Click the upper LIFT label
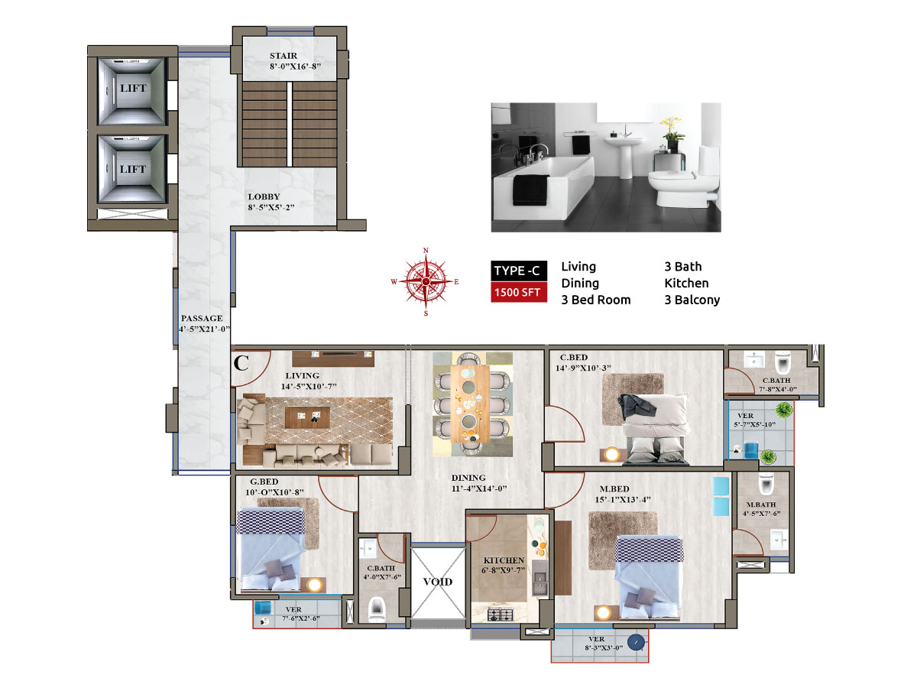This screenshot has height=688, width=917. pos(133,88)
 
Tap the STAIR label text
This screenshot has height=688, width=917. pos(284,56)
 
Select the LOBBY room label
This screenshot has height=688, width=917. pos(264,196)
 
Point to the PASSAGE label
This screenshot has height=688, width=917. pos(202,318)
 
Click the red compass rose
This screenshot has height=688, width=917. pos(426,281)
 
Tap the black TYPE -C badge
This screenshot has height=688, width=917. pos(518,271)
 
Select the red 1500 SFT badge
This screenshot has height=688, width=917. pos(518,292)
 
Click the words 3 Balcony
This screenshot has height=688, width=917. pos(692,300)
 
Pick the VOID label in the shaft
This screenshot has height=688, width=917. pos(437,582)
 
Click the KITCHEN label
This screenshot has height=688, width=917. pos(504,560)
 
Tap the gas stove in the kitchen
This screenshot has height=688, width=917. pos(500,615)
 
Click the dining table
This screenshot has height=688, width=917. pos(470,404)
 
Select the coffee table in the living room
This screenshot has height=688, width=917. pos(307,417)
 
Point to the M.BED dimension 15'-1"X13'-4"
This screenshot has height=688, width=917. pos(623,499)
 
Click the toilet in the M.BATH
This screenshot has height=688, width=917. pos(766,483)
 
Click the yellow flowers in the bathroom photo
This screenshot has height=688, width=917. pos(670,123)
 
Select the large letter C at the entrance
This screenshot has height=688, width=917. pos(241,362)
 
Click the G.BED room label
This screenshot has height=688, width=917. pos(264,482)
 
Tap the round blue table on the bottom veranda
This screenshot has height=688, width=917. pos(636,642)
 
